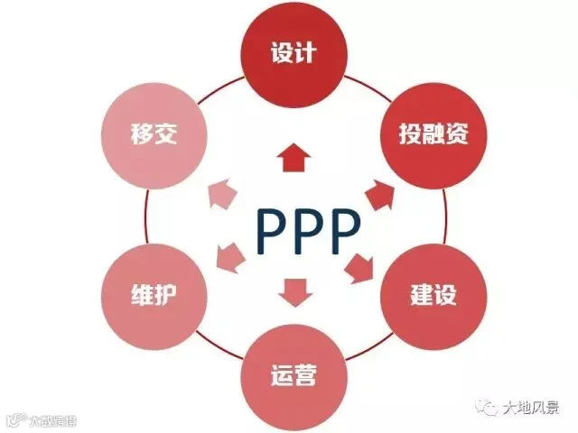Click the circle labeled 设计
pos(293,54)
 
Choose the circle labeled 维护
pos(152,294)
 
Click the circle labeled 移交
pos(152,135)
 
